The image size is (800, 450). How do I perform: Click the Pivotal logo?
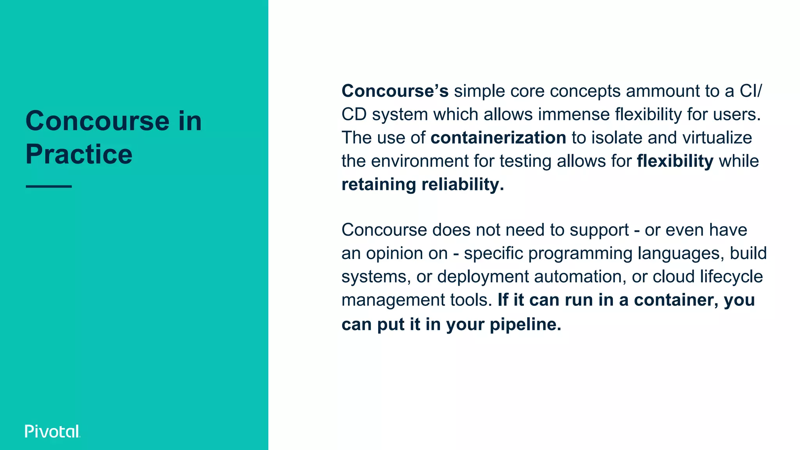(x=52, y=431)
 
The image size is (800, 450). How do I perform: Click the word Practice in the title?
(x=79, y=154)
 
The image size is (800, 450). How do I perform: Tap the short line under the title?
(x=49, y=186)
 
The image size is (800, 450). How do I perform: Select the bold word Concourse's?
(x=395, y=91)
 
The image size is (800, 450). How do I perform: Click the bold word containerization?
(x=498, y=138)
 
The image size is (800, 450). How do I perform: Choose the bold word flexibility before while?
(x=675, y=161)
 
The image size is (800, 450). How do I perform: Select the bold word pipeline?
(x=525, y=324)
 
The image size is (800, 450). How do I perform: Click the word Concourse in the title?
(x=97, y=121)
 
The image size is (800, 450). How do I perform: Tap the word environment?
(x=420, y=161)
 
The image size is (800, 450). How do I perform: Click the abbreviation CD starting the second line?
(x=354, y=114)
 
